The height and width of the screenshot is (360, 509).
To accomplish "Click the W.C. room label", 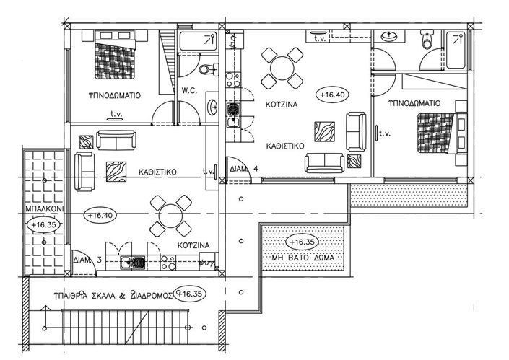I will click(x=190, y=91).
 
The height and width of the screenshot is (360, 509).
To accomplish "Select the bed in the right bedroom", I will click(x=434, y=135).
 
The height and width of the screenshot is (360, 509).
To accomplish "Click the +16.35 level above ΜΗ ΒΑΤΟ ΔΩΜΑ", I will click(x=303, y=242).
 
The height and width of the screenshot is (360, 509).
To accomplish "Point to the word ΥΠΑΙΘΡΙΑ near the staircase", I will click(x=78, y=295).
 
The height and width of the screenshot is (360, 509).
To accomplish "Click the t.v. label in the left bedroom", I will click(x=116, y=113).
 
